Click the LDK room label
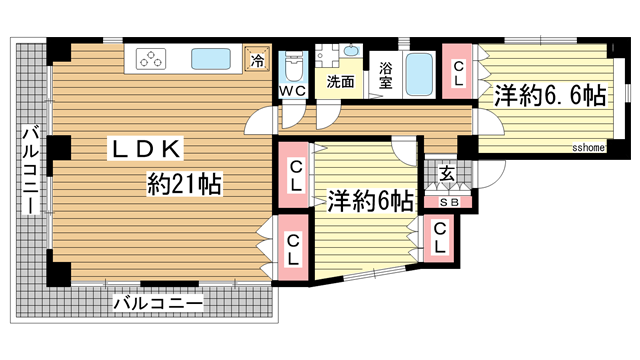pos(144,150)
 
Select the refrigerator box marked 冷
pos(257,60)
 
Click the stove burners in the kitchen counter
pos(154,59)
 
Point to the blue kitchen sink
pos(213,59)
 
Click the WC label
pos(292,91)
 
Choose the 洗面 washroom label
pos(340,82)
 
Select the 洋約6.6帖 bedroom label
pos(548,96)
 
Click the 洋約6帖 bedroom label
pos(369,200)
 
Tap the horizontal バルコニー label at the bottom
pos(157,300)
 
